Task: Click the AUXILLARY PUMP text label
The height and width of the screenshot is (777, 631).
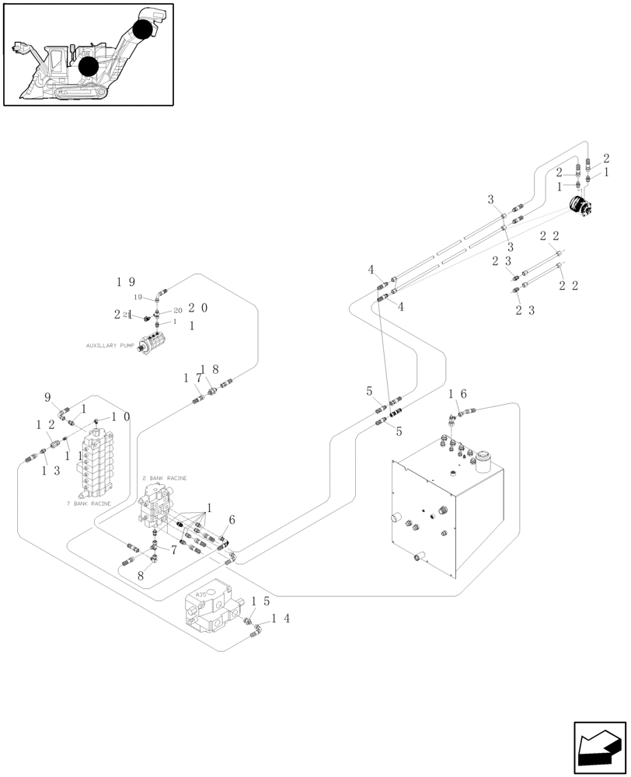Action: (110, 345)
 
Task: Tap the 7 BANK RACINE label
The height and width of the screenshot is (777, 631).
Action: (89, 503)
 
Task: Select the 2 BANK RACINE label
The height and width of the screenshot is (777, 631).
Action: (164, 478)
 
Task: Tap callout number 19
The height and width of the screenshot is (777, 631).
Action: (126, 282)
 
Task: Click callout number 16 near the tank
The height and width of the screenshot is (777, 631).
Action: (456, 395)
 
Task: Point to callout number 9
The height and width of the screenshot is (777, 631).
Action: (47, 397)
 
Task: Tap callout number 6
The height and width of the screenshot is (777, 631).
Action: (231, 520)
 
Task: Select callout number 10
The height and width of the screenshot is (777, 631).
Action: (120, 416)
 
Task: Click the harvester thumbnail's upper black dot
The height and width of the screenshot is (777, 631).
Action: (142, 30)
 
